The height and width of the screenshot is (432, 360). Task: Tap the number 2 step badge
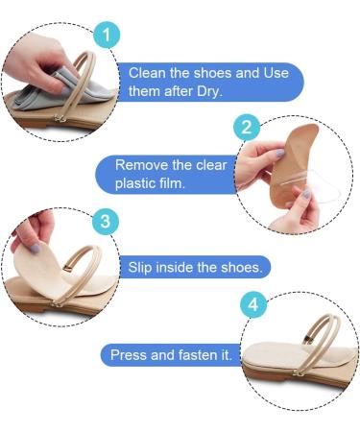coord(248,127)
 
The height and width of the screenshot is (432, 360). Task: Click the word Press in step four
coord(129,354)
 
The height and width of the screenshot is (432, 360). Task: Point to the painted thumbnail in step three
coord(36,246)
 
